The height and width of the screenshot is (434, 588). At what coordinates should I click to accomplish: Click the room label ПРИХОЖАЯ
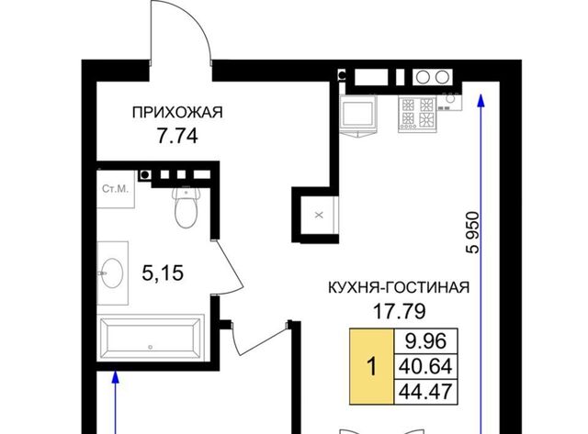(177, 112)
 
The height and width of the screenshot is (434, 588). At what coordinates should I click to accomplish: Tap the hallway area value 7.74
(177, 136)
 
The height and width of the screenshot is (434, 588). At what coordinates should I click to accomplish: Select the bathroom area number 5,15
(163, 273)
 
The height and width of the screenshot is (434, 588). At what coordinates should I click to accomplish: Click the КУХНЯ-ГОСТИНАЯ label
(399, 287)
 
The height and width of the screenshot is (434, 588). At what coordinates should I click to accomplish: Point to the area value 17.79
(400, 311)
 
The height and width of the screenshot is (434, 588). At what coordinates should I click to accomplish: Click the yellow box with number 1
(371, 367)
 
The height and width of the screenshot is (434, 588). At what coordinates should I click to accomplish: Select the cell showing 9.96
(425, 341)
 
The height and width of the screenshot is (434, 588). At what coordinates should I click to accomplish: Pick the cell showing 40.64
(425, 366)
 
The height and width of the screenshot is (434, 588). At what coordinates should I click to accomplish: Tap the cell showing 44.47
(425, 392)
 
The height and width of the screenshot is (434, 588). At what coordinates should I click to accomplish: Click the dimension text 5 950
(473, 232)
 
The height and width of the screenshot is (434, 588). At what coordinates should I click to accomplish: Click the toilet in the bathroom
(186, 207)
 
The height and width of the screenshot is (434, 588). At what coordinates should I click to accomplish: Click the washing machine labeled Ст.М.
(116, 189)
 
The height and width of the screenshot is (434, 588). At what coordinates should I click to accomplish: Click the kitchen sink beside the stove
(450, 100)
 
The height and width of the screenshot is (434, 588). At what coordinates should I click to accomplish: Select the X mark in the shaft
(319, 215)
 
